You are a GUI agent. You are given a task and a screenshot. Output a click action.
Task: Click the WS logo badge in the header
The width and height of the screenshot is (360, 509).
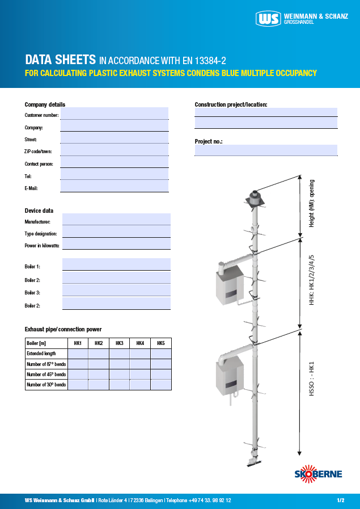pyautogui.click(x=268, y=19)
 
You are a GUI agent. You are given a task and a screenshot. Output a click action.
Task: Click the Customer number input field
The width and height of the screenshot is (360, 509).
pyautogui.click(x=115, y=113)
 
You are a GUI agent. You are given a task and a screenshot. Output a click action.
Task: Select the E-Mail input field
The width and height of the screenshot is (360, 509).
pyautogui.click(x=115, y=186)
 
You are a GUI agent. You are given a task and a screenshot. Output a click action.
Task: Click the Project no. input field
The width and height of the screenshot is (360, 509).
pyautogui.click(x=266, y=150)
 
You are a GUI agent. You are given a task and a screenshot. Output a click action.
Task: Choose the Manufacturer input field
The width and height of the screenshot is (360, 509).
pyautogui.click(x=116, y=220)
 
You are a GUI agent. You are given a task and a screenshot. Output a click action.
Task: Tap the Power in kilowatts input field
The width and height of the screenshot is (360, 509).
pyautogui.click(x=116, y=243)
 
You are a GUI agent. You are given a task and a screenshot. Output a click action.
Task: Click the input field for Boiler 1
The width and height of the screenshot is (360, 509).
pyautogui.click(x=116, y=264)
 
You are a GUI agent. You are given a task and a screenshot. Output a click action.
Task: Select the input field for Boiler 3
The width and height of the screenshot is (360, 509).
pyautogui.click(x=116, y=291)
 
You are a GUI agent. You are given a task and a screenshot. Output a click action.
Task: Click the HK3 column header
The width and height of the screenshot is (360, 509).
pyautogui.click(x=119, y=343)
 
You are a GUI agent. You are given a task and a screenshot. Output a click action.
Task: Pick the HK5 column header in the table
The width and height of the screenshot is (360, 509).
pyautogui.click(x=161, y=343)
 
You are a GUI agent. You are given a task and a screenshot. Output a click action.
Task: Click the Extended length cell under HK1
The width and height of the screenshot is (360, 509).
pyautogui.click(x=78, y=354)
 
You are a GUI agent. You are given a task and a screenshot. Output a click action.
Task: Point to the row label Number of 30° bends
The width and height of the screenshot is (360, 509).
pyautogui.click(x=46, y=385)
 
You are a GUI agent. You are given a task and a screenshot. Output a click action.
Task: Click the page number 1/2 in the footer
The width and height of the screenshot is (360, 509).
pyautogui.click(x=340, y=500)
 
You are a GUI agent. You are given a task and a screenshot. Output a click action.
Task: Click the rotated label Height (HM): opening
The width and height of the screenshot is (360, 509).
pyautogui.click(x=312, y=203)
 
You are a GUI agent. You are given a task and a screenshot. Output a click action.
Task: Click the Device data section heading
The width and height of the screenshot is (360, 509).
pyautogui.click(x=39, y=211)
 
